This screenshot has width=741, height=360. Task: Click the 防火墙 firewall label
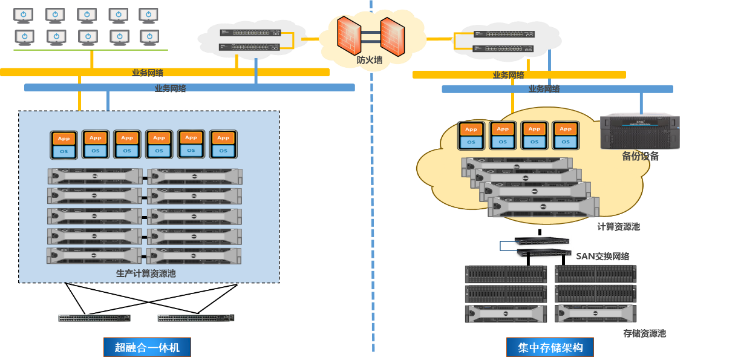click(370, 60)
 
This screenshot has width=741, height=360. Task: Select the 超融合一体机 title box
click(147, 347)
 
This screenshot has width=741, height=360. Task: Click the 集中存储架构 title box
click(550, 347)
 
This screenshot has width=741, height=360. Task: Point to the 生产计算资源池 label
click(146, 273)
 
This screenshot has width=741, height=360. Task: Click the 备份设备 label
click(640, 156)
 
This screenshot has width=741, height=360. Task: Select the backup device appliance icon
click(640, 131)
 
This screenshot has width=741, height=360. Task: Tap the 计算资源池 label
click(618, 226)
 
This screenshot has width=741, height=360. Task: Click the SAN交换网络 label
click(602, 256)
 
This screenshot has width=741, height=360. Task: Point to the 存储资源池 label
click(644, 333)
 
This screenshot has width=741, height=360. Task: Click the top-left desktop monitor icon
click(24, 15)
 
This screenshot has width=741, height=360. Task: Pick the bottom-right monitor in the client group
click(149, 37)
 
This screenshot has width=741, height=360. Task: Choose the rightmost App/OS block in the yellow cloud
click(566, 136)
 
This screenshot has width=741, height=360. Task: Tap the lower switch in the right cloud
click(503, 48)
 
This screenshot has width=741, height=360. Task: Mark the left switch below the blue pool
click(94, 318)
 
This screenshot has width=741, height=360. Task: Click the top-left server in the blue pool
click(95, 176)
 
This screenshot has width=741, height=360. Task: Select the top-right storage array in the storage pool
click(596, 274)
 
